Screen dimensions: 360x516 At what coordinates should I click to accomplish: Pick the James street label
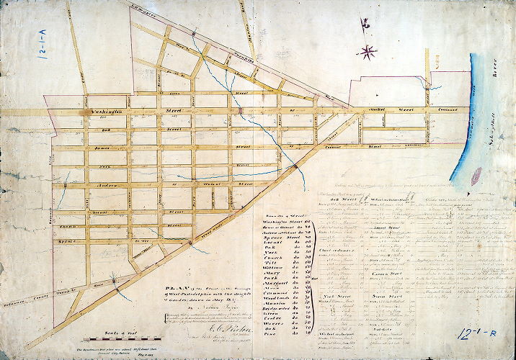coord(100,148)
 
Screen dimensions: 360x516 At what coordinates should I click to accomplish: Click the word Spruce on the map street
coord(69,233)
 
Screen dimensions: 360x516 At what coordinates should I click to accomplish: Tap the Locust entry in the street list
coord(269,237)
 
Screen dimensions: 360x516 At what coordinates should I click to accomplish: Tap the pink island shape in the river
coord(476,175)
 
